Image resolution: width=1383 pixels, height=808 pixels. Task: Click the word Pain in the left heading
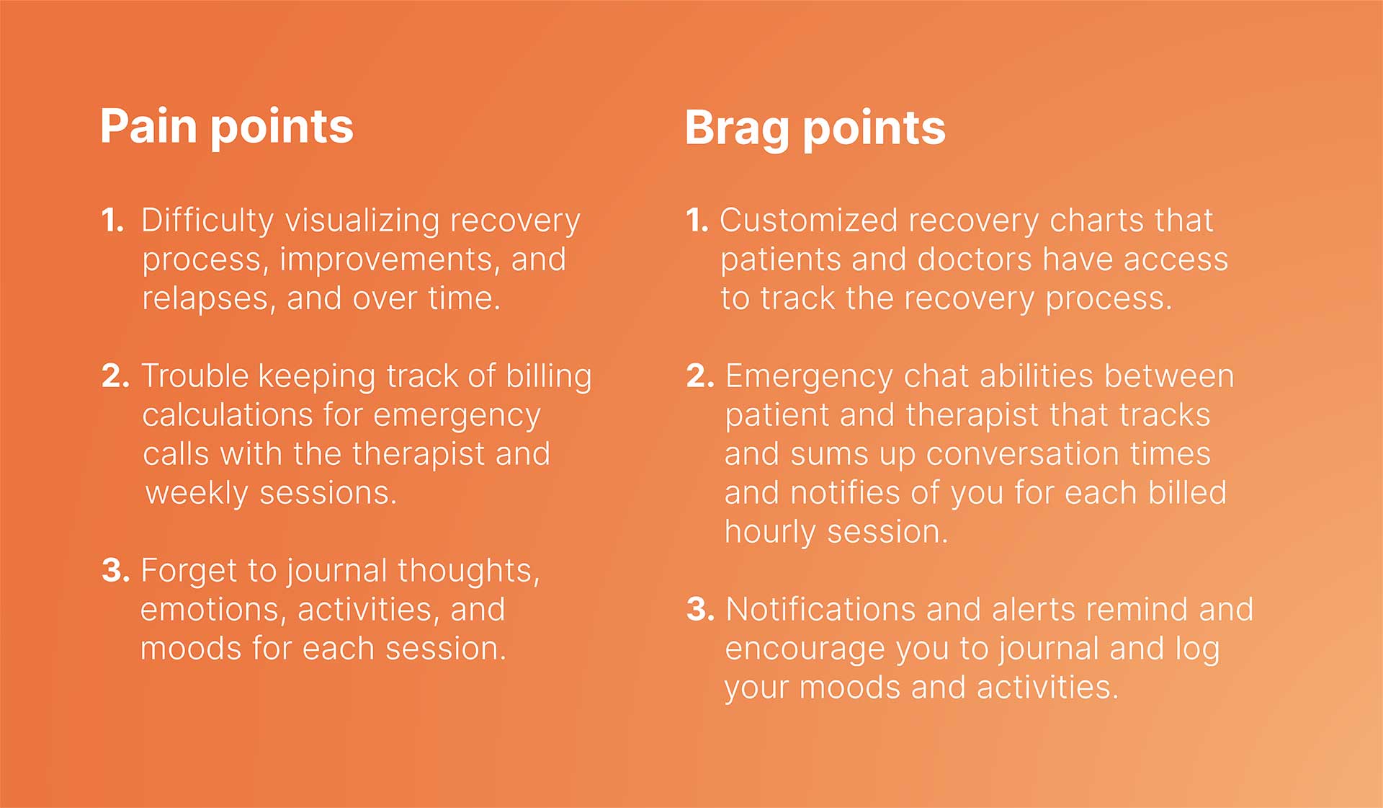pyautogui.click(x=148, y=126)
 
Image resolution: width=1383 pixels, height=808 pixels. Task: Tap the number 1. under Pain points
pyautogui.click(x=113, y=220)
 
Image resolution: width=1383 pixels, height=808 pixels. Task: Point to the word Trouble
pyautogui.click(x=194, y=376)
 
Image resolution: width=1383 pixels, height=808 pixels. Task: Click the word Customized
pyautogui.click(x=808, y=220)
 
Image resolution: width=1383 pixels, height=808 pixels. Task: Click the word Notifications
pyautogui.click(x=820, y=609)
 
